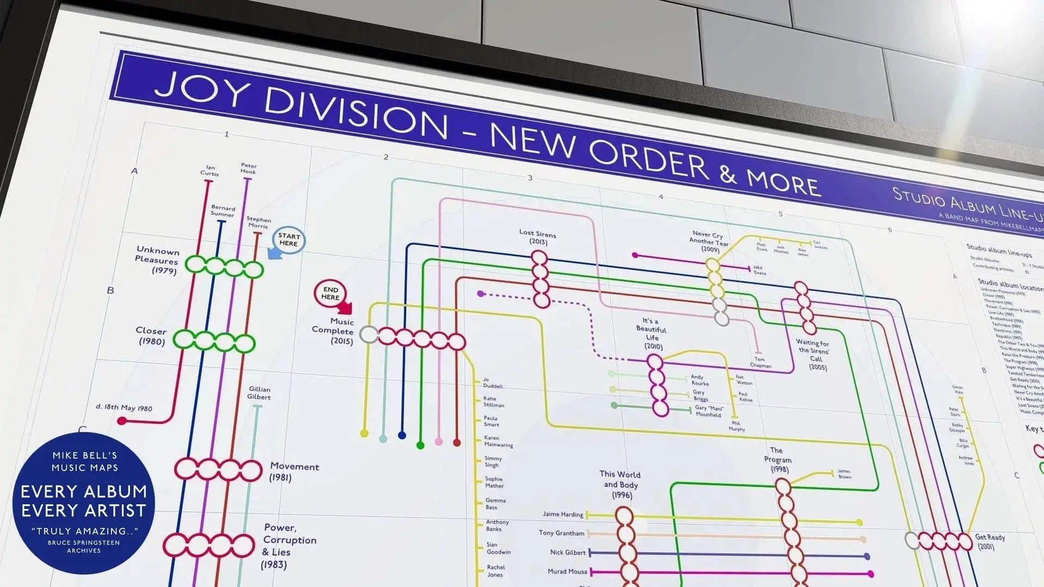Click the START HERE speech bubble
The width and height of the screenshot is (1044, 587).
pyautogui.click(x=289, y=240)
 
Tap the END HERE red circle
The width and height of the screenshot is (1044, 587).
pyautogui.click(x=330, y=293)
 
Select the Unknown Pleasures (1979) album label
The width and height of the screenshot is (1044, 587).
pyautogui.click(x=157, y=261)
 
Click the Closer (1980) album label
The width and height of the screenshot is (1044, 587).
pyautogui.click(x=151, y=336)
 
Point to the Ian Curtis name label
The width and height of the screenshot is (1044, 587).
pyautogui.click(x=209, y=171)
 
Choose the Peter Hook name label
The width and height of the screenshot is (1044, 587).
pyautogui.click(x=249, y=168)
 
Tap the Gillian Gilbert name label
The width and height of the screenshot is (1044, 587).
pyautogui.click(x=260, y=393)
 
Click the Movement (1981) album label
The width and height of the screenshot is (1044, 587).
pyautogui.click(x=294, y=472)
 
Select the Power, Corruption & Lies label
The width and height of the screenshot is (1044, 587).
pyautogui.click(x=288, y=546)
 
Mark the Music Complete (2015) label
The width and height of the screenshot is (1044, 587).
pyautogui.click(x=333, y=331)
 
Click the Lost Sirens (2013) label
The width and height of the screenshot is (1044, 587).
pyautogui.click(x=538, y=237)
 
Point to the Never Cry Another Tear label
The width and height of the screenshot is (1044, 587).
pyautogui.click(x=708, y=241)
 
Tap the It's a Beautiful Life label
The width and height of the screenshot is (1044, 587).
pyautogui.click(x=652, y=333)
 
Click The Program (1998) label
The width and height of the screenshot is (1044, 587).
pyautogui.click(x=777, y=460)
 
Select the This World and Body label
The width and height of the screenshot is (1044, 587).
pyautogui.click(x=620, y=484)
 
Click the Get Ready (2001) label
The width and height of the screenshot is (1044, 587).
pyautogui.click(x=989, y=541)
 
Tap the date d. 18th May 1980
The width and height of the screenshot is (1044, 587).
pyautogui.click(x=123, y=407)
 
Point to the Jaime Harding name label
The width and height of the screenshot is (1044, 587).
pyautogui.click(x=563, y=514)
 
